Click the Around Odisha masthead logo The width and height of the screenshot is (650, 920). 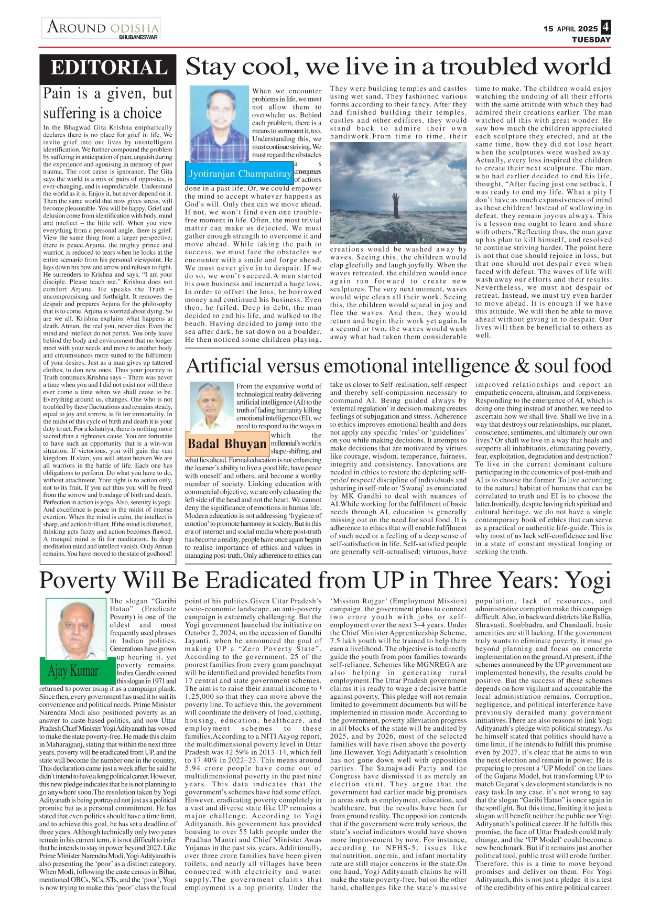pyautogui.click(x=103, y=27)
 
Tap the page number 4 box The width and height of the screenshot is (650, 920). pyautogui.click(x=605, y=27)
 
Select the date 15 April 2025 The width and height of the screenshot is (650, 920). pyautogui.click(x=570, y=29)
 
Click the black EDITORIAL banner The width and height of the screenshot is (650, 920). pyautogui.click(x=109, y=69)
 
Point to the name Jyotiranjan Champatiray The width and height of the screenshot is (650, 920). pyautogui.click(x=240, y=174)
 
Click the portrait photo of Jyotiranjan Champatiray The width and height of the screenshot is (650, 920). pyautogui.click(x=219, y=124)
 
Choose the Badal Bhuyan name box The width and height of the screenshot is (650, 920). pyautogui.click(x=227, y=444)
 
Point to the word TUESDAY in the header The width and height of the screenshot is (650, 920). pyautogui.click(x=591, y=40)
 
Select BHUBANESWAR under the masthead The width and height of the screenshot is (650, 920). pyautogui.click(x=138, y=38)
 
